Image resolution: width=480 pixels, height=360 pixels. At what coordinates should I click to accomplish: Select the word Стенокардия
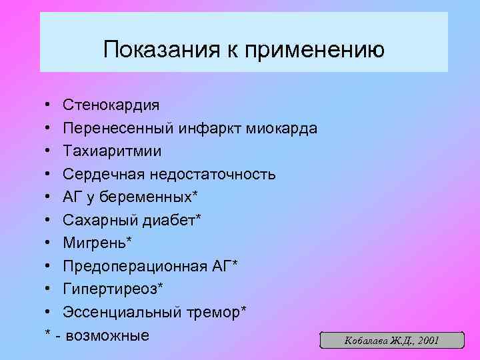click(x=111, y=105)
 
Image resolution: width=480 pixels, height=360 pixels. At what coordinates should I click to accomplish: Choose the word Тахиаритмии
click(x=112, y=151)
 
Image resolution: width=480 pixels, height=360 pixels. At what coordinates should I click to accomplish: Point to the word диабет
click(x=169, y=220)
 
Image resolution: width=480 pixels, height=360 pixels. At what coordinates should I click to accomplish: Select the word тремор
click(x=214, y=312)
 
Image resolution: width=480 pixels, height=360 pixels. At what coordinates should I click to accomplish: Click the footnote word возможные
click(x=108, y=335)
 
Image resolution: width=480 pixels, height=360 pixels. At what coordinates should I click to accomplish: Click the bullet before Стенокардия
click(x=51, y=105)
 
